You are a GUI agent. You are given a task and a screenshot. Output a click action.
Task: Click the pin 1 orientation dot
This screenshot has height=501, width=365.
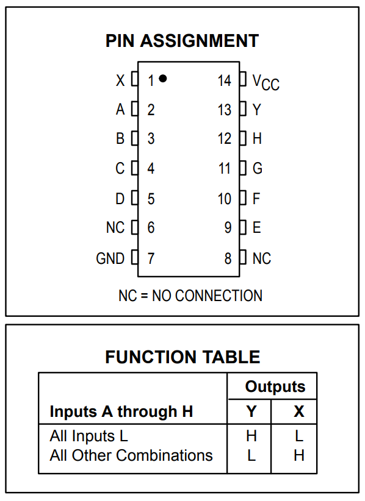coord(162,78)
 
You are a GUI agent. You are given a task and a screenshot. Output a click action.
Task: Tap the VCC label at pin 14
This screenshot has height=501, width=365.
coord(266,82)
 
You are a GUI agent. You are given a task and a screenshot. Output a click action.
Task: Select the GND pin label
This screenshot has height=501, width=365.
coord(110,258)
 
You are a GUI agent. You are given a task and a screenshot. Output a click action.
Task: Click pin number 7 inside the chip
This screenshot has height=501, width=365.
coord(151,258)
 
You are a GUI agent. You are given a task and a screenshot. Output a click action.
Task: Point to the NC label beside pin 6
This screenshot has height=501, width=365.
coord(115,228)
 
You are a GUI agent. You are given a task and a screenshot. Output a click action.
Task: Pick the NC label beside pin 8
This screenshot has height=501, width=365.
coord(262,258)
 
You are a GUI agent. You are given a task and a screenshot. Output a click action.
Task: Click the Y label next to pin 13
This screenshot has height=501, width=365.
coord(257,110)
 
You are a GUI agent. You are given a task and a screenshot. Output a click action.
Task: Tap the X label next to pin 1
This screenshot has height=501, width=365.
coord(120,80)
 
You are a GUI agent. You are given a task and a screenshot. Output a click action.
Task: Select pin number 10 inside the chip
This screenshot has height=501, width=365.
coord(224,199)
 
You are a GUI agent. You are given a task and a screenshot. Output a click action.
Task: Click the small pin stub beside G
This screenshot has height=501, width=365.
coord(243,168)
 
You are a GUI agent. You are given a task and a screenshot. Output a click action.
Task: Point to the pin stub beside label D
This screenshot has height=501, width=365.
coord(135,198)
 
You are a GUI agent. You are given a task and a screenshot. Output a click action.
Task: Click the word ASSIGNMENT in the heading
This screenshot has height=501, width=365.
coord(200,41)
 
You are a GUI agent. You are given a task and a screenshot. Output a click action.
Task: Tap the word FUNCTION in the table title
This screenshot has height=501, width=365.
coord(151,357)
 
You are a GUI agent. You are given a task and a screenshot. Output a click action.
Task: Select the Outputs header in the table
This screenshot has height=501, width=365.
coord(275,386)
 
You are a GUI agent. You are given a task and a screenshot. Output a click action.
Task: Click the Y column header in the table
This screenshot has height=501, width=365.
coord(251,411)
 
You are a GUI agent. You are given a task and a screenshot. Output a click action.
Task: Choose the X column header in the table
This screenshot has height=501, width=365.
coord(299,411)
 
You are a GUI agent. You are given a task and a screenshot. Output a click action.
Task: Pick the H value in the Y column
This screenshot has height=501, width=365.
coord(251,436)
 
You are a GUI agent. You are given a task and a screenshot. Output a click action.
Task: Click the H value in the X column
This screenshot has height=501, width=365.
coord(299,455)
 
